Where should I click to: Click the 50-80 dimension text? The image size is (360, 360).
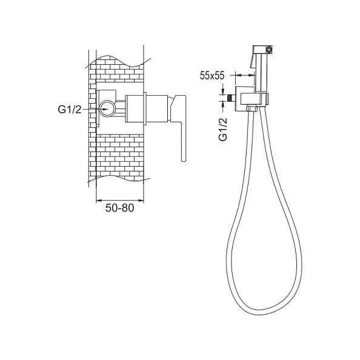[x=119, y=208]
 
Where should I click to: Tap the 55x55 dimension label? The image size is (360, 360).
[x=212, y=76]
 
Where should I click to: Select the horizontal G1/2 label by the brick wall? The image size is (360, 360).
[x=70, y=110]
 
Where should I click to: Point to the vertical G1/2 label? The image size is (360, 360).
[x=223, y=129]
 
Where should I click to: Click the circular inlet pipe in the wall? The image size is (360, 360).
[x=107, y=109]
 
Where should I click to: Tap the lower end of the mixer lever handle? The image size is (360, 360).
[x=184, y=160]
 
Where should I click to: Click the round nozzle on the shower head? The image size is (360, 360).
[x=269, y=49]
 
